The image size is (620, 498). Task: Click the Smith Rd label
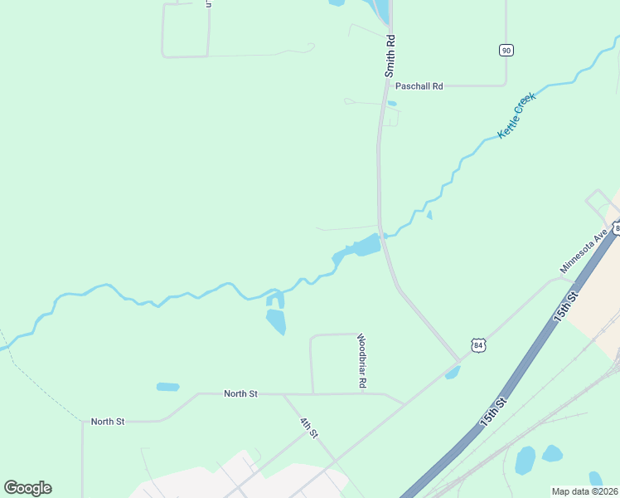point(390,56)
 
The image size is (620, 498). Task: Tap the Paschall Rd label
point(419,85)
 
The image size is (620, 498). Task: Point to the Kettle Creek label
point(517,115)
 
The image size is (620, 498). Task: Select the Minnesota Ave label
point(584,252)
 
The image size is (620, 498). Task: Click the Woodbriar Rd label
point(361,361)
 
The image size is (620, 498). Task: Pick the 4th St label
point(309,428)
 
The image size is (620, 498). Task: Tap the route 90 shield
point(506,51)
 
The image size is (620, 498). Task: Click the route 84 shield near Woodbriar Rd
point(477,344)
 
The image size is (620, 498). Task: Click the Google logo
point(27,488)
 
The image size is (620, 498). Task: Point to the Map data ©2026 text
point(584,491)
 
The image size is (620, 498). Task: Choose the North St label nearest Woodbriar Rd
point(240,393)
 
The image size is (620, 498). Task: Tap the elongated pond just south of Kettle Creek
point(276,320)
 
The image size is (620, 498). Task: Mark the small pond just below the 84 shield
point(453,373)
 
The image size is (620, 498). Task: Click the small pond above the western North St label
point(168,387)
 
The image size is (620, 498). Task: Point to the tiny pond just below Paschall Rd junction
point(392,104)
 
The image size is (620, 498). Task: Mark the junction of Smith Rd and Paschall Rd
point(384,85)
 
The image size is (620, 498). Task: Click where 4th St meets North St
point(284,394)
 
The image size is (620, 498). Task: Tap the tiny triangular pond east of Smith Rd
point(429,215)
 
